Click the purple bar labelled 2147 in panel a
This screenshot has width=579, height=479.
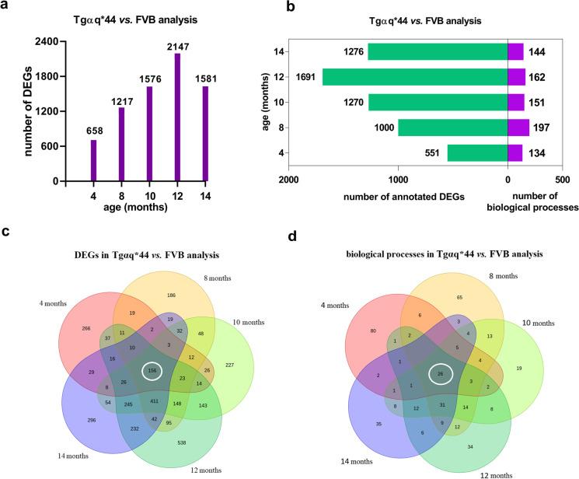[178, 117]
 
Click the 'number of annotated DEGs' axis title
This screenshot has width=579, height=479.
[400, 196]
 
